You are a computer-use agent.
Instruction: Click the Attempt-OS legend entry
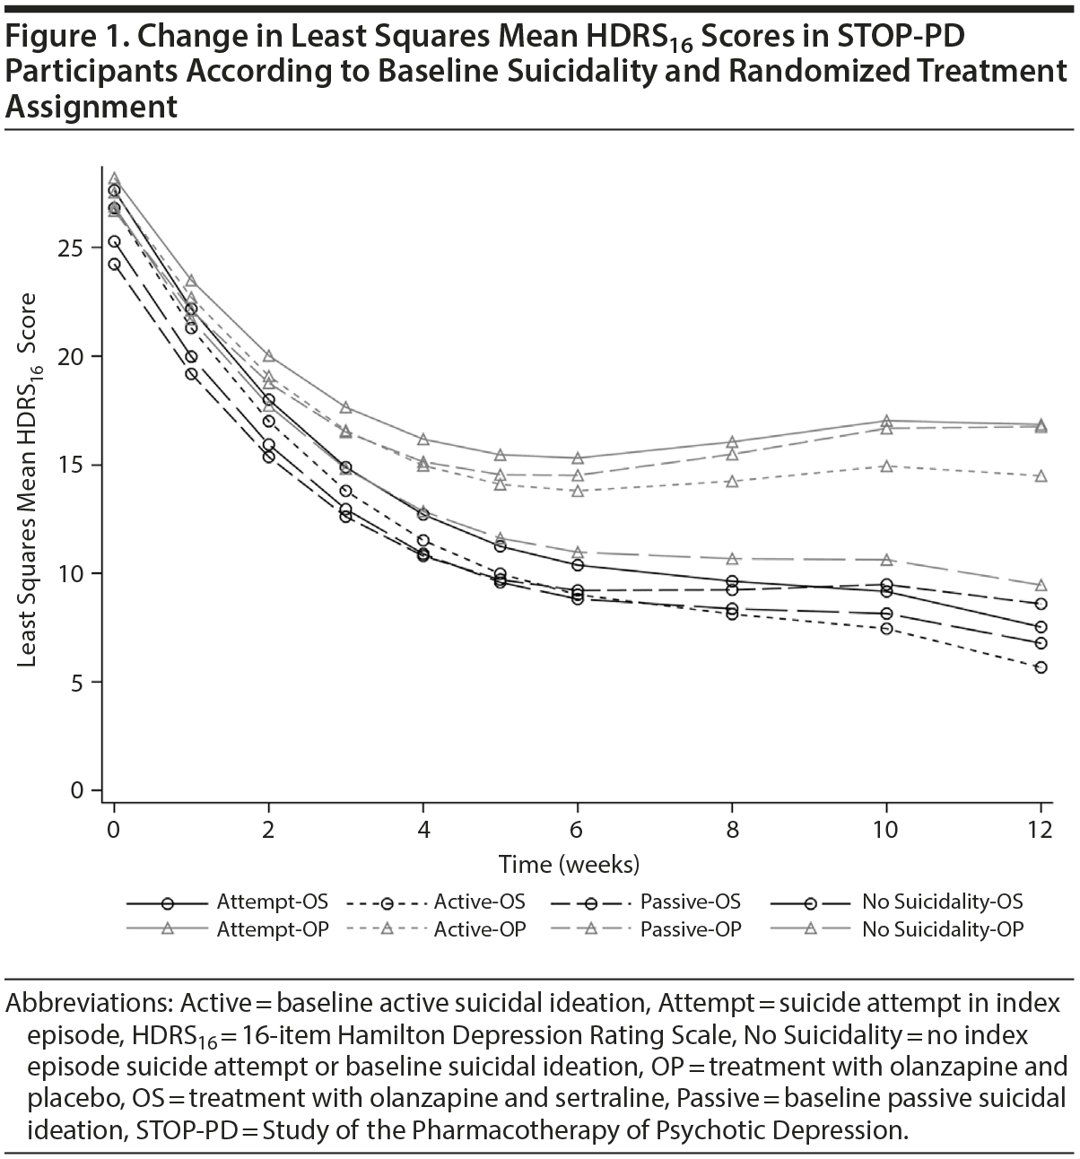(x=228, y=902)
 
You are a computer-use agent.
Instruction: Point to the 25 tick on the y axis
(x=76, y=248)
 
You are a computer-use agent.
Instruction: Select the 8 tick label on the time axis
(x=733, y=830)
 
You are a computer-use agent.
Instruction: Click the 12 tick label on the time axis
(x=1041, y=830)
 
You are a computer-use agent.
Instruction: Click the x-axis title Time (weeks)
(x=569, y=865)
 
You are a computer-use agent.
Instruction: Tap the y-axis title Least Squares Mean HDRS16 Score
(x=28, y=480)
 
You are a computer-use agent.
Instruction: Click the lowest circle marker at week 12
(x=1041, y=667)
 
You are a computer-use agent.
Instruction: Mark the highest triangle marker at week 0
(x=114, y=179)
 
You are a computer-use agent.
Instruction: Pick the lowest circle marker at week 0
(x=114, y=264)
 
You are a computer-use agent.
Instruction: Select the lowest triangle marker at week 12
(x=1041, y=585)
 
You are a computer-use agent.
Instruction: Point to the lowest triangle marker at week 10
(x=887, y=560)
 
